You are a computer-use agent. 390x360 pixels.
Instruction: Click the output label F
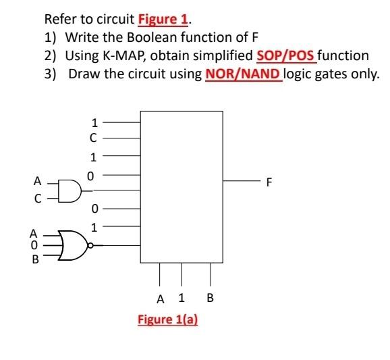271,182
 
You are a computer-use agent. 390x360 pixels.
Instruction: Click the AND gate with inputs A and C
68,190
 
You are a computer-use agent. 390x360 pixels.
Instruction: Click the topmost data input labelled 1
95,123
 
